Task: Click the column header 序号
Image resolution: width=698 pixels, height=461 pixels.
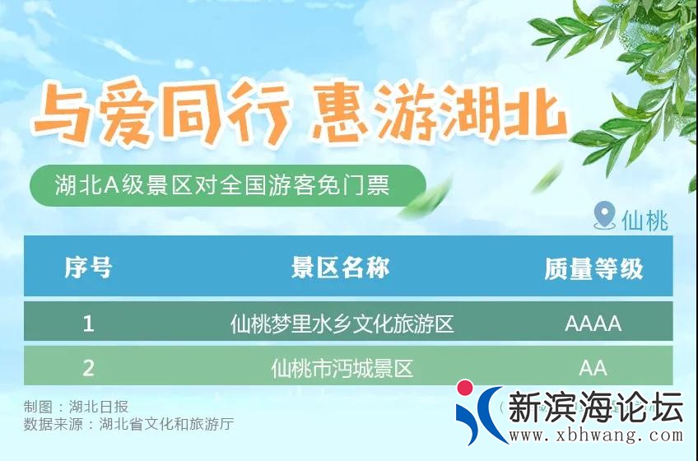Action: [88, 268]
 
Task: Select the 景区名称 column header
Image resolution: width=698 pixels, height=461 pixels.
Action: [341, 268]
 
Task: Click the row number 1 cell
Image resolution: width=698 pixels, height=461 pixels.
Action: [88, 323]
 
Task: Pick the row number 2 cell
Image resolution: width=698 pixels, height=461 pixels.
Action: [88, 367]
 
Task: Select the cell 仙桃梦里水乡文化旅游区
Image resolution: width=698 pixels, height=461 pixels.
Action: [342, 323]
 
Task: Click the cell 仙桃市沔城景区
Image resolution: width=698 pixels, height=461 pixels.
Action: [342, 367]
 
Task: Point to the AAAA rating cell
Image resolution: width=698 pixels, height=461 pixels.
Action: [593, 323]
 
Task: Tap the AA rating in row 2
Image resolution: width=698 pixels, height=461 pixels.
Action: [593, 367]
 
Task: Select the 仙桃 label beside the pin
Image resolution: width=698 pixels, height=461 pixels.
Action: [644, 220]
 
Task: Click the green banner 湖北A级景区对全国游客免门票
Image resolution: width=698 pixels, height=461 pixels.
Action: [222, 185]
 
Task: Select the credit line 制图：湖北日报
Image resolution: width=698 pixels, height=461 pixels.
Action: [76, 407]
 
